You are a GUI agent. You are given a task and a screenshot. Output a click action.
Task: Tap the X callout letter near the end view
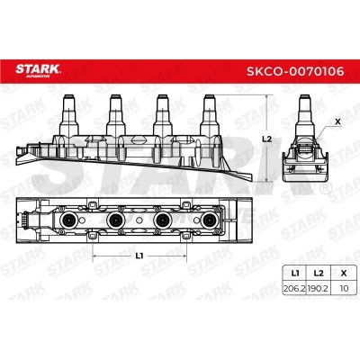(337, 121)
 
